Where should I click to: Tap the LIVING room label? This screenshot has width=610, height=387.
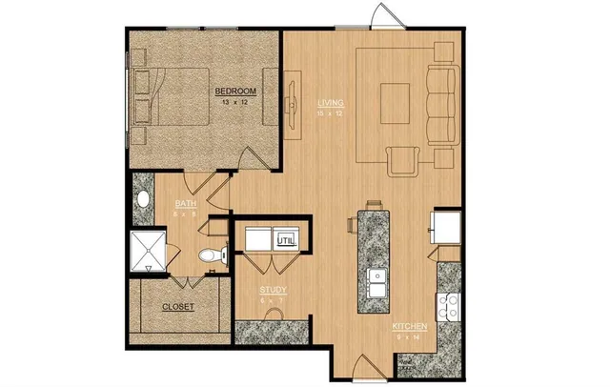[x=330, y=103]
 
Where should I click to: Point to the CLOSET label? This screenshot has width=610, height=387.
[x=178, y=307]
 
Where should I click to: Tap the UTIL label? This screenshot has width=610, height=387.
[x=285, y=240]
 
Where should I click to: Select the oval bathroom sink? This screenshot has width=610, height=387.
[x=144, y=201]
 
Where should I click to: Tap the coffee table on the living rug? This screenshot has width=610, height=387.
[x=394, y=98]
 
